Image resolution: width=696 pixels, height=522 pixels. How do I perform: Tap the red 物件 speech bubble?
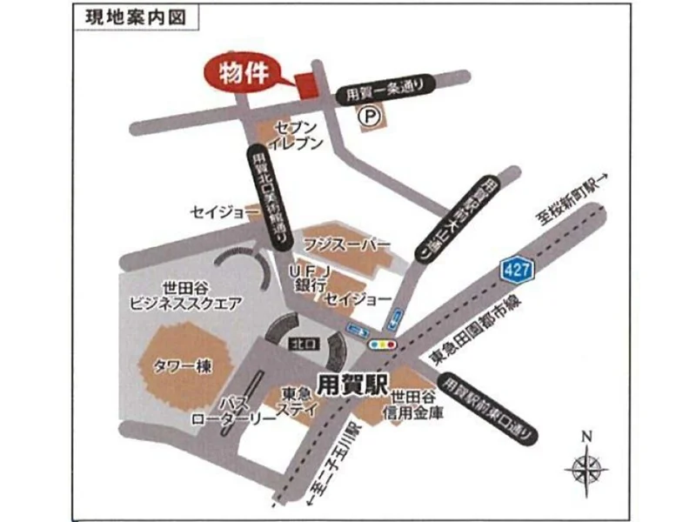click(243, 73)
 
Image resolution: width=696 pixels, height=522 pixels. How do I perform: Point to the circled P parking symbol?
click(370, 115)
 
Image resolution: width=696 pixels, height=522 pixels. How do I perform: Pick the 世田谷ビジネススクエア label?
click(184, 296)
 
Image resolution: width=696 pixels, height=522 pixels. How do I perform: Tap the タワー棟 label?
click(182, 366)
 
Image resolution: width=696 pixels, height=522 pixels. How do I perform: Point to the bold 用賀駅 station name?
click(350, 380)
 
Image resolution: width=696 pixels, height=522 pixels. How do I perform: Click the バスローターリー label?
click(234, 411)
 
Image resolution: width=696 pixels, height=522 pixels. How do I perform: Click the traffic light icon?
click(383, 344)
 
